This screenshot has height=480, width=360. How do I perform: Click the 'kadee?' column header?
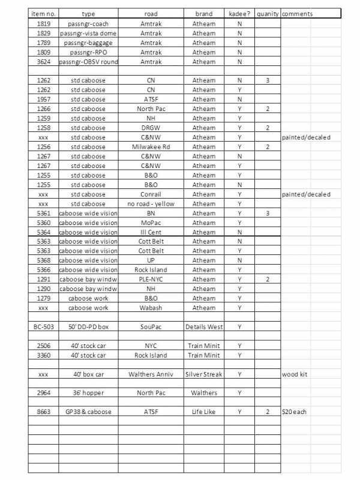click(239, 13)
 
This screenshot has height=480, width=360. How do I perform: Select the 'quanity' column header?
click(267, 13)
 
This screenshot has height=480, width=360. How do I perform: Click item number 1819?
click(43, 24)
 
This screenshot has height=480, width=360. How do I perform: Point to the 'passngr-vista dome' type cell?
click(88, 34)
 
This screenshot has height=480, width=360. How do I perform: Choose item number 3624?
click(43, 62)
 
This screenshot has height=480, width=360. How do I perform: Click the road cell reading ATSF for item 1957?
click(151, 100)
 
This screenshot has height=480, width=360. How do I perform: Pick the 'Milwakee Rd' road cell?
click(151, 147)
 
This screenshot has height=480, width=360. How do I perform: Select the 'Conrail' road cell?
click(151, 194)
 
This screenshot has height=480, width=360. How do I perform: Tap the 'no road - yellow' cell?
click(151, 204)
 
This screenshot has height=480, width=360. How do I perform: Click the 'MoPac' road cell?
click(151, 223)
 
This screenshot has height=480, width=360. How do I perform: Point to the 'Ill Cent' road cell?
click(151, 232)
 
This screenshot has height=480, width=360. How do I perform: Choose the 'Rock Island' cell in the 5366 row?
click(151, 270)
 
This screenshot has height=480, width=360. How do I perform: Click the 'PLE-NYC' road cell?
click(151, 280)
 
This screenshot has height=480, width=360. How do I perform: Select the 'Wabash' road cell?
click(151, 308)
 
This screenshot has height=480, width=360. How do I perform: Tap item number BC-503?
click(43, 327)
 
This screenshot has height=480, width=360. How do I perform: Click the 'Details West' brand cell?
click(204, 327)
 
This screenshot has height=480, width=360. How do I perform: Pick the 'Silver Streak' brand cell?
click(204, 374)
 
